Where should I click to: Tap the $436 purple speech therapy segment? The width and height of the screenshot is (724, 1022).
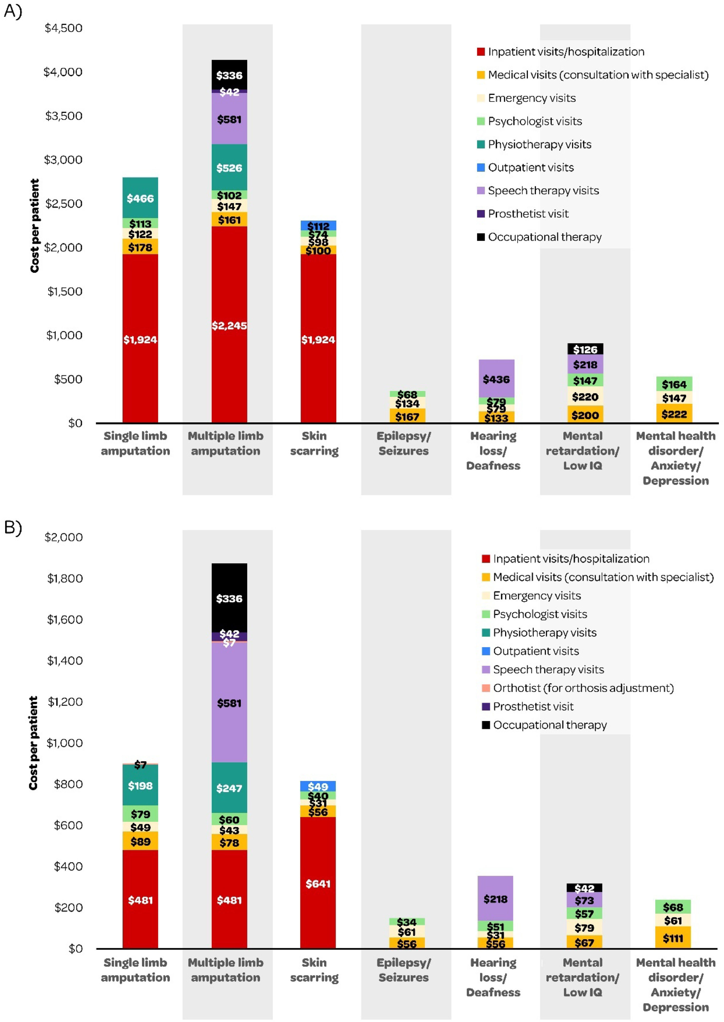click(x=496, y=379)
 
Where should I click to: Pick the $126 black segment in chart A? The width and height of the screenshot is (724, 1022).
click(x=585, y=349)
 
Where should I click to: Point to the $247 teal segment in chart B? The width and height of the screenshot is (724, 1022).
click(x=229, y=788)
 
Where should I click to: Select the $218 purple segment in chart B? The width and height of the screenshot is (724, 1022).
click(x=495, y=898)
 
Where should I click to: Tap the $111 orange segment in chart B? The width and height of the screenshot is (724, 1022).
click(x=673, y=938)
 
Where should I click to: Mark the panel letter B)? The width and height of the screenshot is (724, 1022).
click(x=13, y=528)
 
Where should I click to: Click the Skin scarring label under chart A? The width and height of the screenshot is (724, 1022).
click(x=314, y=443)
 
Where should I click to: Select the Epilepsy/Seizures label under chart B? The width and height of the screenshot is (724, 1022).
click(x=403, y=970)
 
